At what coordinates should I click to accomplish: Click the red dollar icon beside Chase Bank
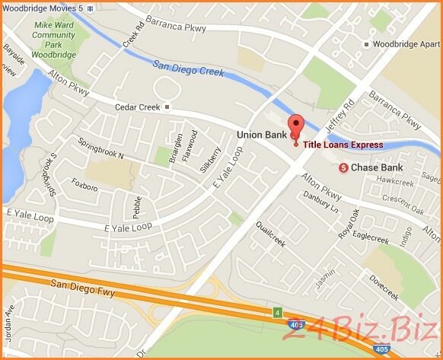[343, 167]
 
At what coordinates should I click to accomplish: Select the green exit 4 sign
[278, 312]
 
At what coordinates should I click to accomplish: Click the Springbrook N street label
[101, 149]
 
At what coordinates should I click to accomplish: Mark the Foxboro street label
[84, 185]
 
